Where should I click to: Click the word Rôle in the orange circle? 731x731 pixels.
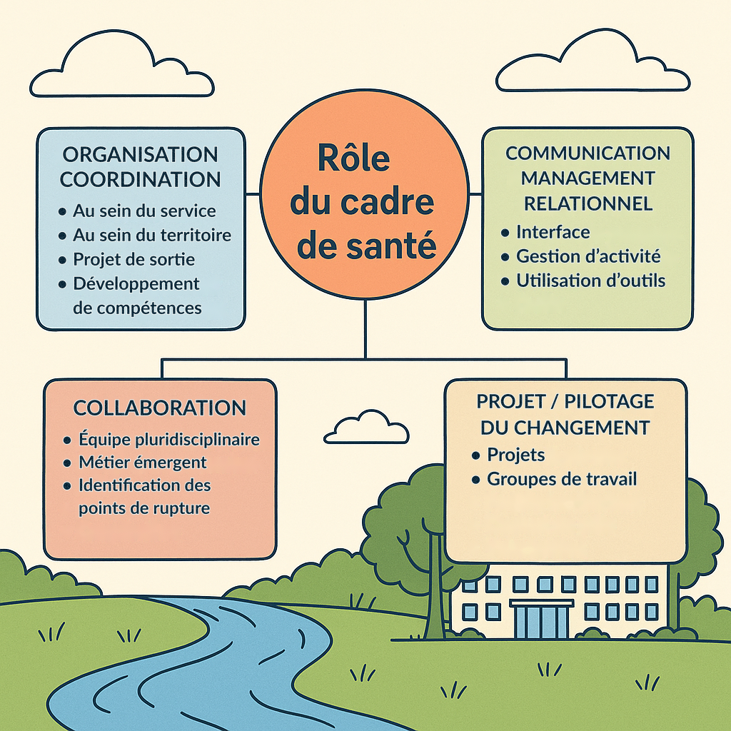click(x=353, y=158)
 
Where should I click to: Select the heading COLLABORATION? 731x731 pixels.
click(x=159, y=408)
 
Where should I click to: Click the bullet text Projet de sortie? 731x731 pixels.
click(x=133, y=259)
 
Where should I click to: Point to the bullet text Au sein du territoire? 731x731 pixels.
click(x=152, y=235)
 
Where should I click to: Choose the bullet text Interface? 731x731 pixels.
click(x=553, y=232)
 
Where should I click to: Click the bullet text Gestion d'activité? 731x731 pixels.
click(x=588, y=256)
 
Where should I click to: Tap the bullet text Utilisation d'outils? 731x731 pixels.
click(x=590, y=280)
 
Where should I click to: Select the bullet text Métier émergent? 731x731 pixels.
click(x=143, y=462)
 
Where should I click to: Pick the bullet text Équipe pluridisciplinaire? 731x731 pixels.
click(x=169, y=439)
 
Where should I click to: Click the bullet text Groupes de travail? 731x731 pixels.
click(x=562, y=479)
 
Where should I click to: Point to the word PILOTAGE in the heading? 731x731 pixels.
click(x=610, y=401)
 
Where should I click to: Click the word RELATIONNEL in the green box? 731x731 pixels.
click(x=588, y=203)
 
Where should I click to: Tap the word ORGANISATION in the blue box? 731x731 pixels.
click(x=141, y=155)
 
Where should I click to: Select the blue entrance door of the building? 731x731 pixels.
click(x=541, y=622)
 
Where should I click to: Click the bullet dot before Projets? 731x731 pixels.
click(x=475, y=455)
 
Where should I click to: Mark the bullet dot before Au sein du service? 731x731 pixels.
click(x=62, y=211)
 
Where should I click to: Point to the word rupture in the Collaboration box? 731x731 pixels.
click(x=183, y=508)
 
